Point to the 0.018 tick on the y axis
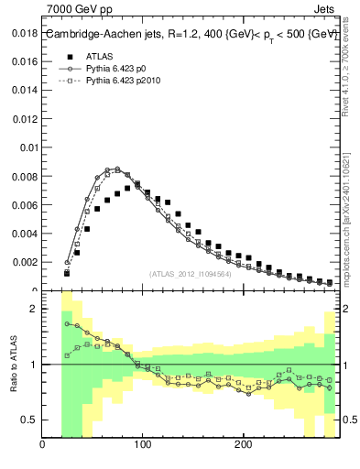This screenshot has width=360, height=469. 25,34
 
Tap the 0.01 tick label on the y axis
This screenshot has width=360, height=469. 29,147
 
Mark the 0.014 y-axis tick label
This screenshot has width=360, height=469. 25,91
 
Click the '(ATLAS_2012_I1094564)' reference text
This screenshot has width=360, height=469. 189,273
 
